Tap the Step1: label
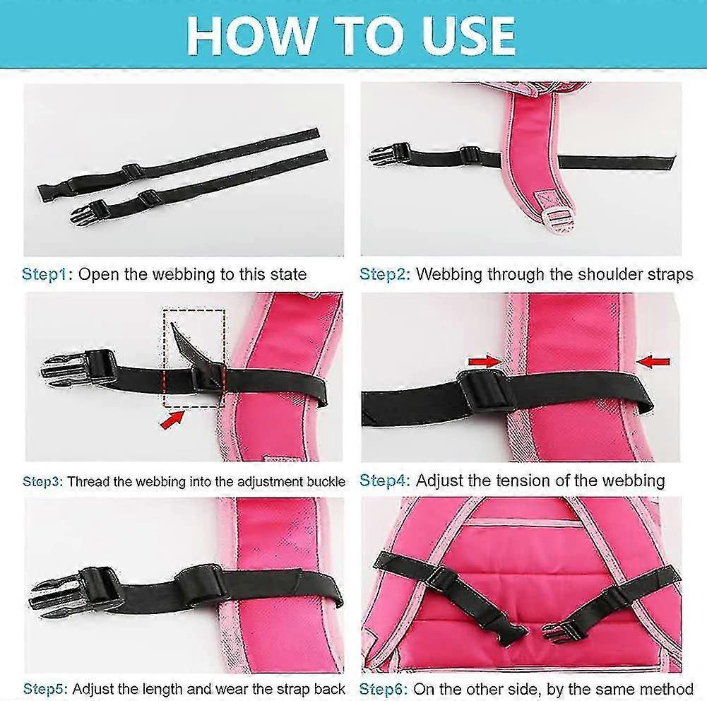47,274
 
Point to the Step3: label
43,482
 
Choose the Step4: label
385,481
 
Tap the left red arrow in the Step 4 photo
485,362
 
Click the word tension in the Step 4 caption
531,481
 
